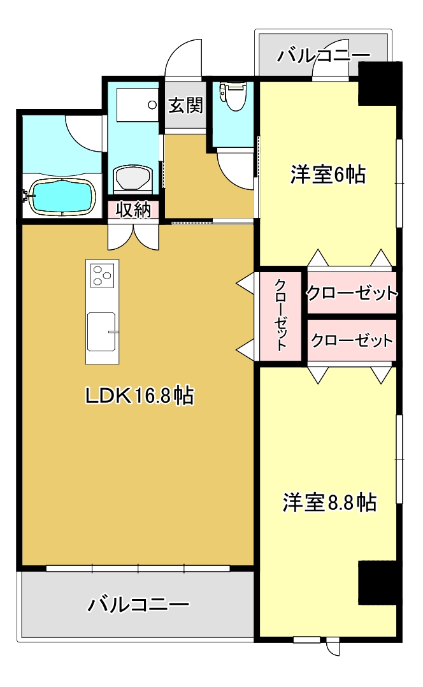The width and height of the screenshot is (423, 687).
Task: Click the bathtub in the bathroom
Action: pyautogui.click(x=61, y=197)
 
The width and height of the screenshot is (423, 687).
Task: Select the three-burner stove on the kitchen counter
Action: pyautogui.click(x=103, y=275)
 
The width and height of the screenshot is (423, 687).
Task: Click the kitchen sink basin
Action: pyautogui.click(x=101, y=331)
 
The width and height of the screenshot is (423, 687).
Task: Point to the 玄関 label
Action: pyautogui.click(x=185, y=105)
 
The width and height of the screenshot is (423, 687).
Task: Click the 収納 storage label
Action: pyautogui.click(x=134, y=210)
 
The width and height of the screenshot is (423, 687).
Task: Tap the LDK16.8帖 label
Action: pyautogui.click(x=140, y=396)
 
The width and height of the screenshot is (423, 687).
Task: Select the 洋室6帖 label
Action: pyautogui.click(x=328, y=175)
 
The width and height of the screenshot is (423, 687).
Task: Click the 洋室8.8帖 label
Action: pyautogui.click(x=329, y=502)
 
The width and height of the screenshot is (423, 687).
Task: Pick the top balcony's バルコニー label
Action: pyautogui.click(x=324, y=55)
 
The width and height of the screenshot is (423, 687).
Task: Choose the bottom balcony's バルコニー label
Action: pyautogui.click(x=138, y=605)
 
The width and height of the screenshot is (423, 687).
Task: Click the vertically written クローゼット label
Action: pyautogui.click(x=281, y=315)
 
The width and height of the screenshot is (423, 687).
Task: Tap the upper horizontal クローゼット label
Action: pyautogui.click(x=352, y=293)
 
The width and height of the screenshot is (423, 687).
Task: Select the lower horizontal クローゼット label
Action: pyautogui.click(x=352, y=340)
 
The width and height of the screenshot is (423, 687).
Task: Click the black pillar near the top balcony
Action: pyautogui.click(x=380, y=83)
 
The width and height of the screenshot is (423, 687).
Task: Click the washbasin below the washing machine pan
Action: pyautogui.click(x=133, y=178)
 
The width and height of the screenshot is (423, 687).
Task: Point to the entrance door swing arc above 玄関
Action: pyautogui.click(x=183, y=57)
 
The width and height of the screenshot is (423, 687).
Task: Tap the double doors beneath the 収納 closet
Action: pyautogui.click(x=133, y=236)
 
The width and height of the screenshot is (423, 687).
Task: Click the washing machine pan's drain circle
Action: pyautogui.click(x=152, y=105)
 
